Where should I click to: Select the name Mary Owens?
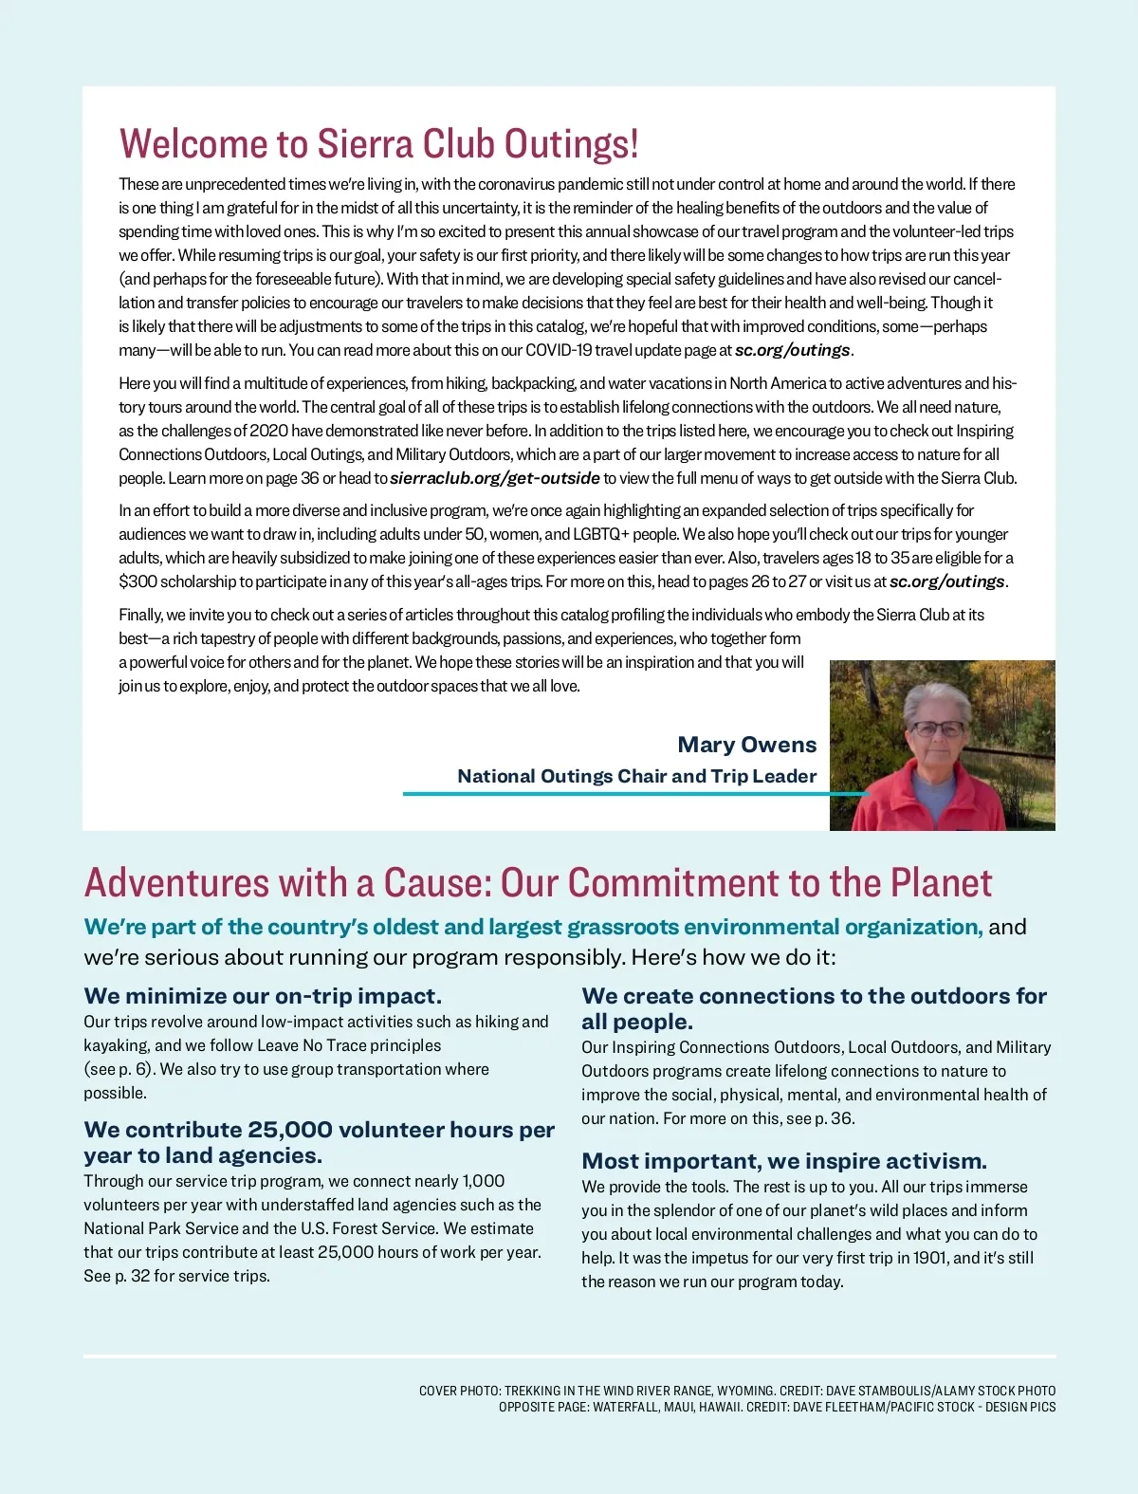(746, 745)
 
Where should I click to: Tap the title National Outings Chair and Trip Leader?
(636, 776)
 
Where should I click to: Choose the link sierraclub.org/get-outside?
(494, 478)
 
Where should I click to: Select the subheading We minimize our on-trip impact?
(263, 996)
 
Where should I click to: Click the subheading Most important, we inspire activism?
(784, 1161)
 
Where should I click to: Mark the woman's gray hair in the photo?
(937, 698)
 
